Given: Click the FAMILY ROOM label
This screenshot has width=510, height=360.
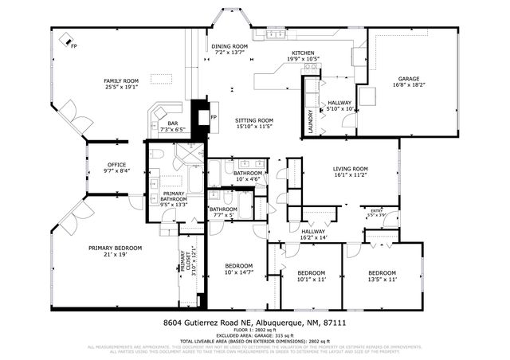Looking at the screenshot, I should (121, 80).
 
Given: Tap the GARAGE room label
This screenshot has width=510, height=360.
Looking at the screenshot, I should (409, 79).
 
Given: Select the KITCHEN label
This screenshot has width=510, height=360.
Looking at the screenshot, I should (303, 53).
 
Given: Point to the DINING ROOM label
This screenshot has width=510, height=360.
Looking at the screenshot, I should (229, 46).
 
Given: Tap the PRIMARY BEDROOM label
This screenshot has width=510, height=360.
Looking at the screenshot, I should (115, 248).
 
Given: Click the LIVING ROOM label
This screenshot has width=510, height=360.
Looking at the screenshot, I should (350, 168).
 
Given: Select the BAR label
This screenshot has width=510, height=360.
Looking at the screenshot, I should (173, 123).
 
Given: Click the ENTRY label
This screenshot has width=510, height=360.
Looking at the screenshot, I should (376, 210).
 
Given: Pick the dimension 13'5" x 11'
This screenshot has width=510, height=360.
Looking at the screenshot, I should (382, 279).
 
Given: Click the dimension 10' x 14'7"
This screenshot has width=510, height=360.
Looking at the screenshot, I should (238, 272).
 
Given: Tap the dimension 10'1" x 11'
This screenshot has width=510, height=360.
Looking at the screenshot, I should (312, 279).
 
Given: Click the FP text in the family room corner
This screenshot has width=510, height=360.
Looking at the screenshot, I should (74, 46).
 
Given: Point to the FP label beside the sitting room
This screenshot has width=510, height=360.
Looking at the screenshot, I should (214, 117).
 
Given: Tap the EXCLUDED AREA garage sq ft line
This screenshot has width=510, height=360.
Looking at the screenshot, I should (255, 335).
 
